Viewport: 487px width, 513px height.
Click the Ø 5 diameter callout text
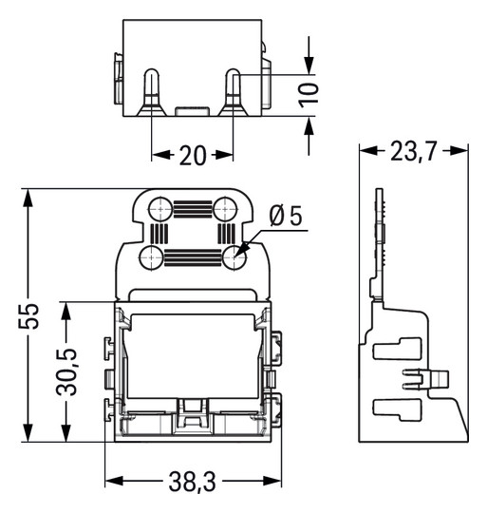[285, 217]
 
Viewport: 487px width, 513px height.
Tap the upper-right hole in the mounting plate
[225, 207]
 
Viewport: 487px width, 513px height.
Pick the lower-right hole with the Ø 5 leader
[234, 256]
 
